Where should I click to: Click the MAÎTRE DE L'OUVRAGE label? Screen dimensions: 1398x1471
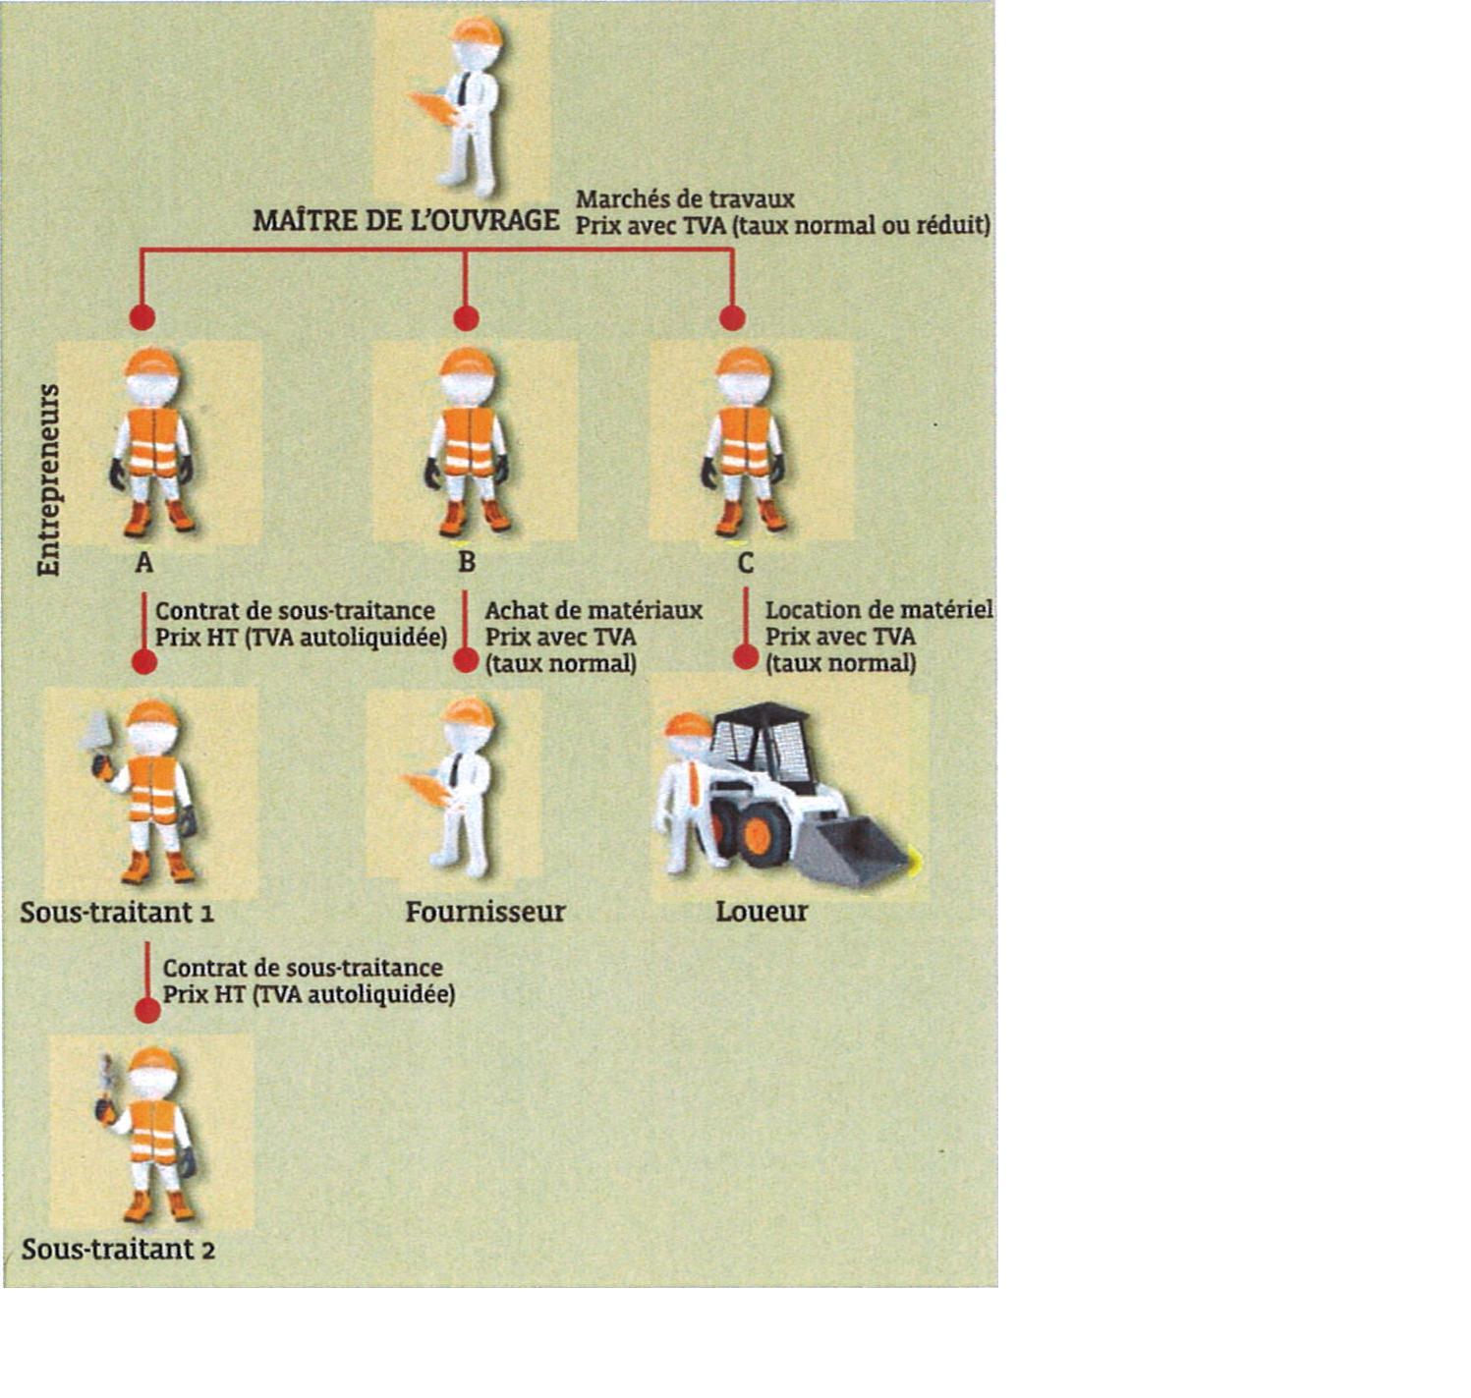406,221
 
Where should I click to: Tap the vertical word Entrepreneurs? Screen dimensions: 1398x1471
48,479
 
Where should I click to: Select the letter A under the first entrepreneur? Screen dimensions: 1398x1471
144,563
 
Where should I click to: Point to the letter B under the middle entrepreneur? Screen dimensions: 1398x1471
467,563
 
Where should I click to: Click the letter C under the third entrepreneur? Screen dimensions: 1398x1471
746,563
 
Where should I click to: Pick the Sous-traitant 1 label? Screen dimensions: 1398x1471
117,913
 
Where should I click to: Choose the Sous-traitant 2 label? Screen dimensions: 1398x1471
118,1250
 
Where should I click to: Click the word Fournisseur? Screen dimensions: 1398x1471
485,912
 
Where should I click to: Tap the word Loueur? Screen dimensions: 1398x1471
762,912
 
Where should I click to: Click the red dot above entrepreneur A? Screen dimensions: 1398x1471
142,317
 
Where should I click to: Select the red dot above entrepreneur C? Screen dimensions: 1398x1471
732,317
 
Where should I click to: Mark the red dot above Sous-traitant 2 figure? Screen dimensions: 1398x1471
147,1010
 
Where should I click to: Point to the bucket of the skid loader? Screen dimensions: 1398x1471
850,850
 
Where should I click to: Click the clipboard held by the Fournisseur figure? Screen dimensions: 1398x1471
427,789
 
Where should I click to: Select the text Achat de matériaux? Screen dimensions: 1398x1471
594,610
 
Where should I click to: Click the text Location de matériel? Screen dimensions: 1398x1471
878,610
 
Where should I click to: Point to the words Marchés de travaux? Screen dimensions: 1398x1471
685,199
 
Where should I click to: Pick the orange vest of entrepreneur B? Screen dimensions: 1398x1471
469,441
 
